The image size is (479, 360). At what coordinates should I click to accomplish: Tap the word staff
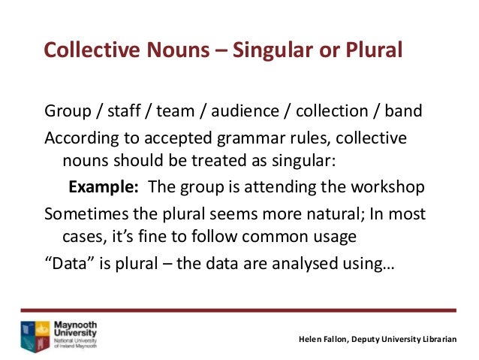pyautogui.click(x=121, y=113)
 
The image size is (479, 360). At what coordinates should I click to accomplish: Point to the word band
pyautogui.click(x=403, y=113)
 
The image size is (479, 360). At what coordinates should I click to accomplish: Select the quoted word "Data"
pyautogui.click(x=66, y=264)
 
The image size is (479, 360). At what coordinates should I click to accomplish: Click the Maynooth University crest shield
pyautogui.click(x=35, y=336)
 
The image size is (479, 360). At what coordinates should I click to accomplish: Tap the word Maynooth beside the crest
pyautogui.click(x=75, y=325)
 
